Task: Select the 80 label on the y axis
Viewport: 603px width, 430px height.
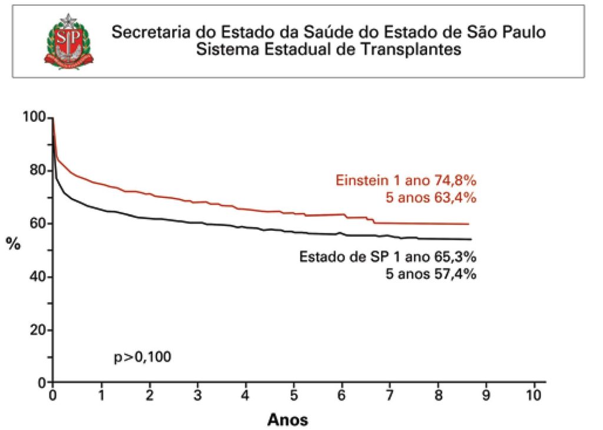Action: click(x=38, y=171)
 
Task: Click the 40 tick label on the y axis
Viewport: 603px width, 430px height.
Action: click(x=38, y=277)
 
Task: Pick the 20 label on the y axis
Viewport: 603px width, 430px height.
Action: click(x=38, y=330)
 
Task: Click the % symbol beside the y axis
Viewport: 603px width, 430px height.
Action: click(x=13, y=244)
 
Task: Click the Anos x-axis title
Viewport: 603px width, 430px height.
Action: click(x=288, y=419)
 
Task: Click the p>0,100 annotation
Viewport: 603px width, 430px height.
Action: click(x=143, y=357)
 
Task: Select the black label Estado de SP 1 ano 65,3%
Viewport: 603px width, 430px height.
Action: click(x=387, y=257)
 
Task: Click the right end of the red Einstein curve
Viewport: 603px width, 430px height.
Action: click(x=468, y=224)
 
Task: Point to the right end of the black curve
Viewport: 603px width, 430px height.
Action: click(x=471, y=239)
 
